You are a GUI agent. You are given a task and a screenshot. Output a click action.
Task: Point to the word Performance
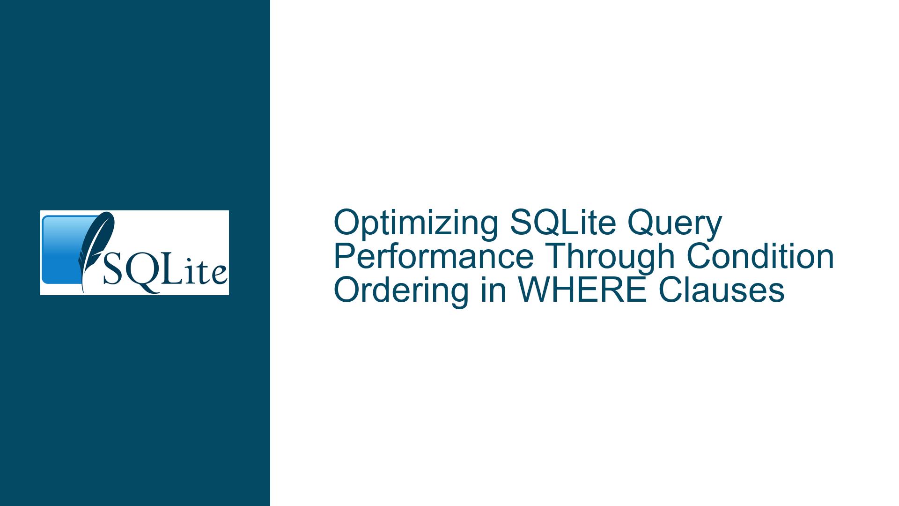click(434, 256)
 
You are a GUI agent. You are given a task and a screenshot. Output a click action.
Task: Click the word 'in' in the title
click(493, 290)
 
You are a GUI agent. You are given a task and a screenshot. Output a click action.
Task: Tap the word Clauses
click(722, 290)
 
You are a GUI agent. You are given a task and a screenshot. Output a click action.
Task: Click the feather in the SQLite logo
click(96, 248)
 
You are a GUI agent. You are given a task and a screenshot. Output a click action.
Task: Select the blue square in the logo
click(66, 250)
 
